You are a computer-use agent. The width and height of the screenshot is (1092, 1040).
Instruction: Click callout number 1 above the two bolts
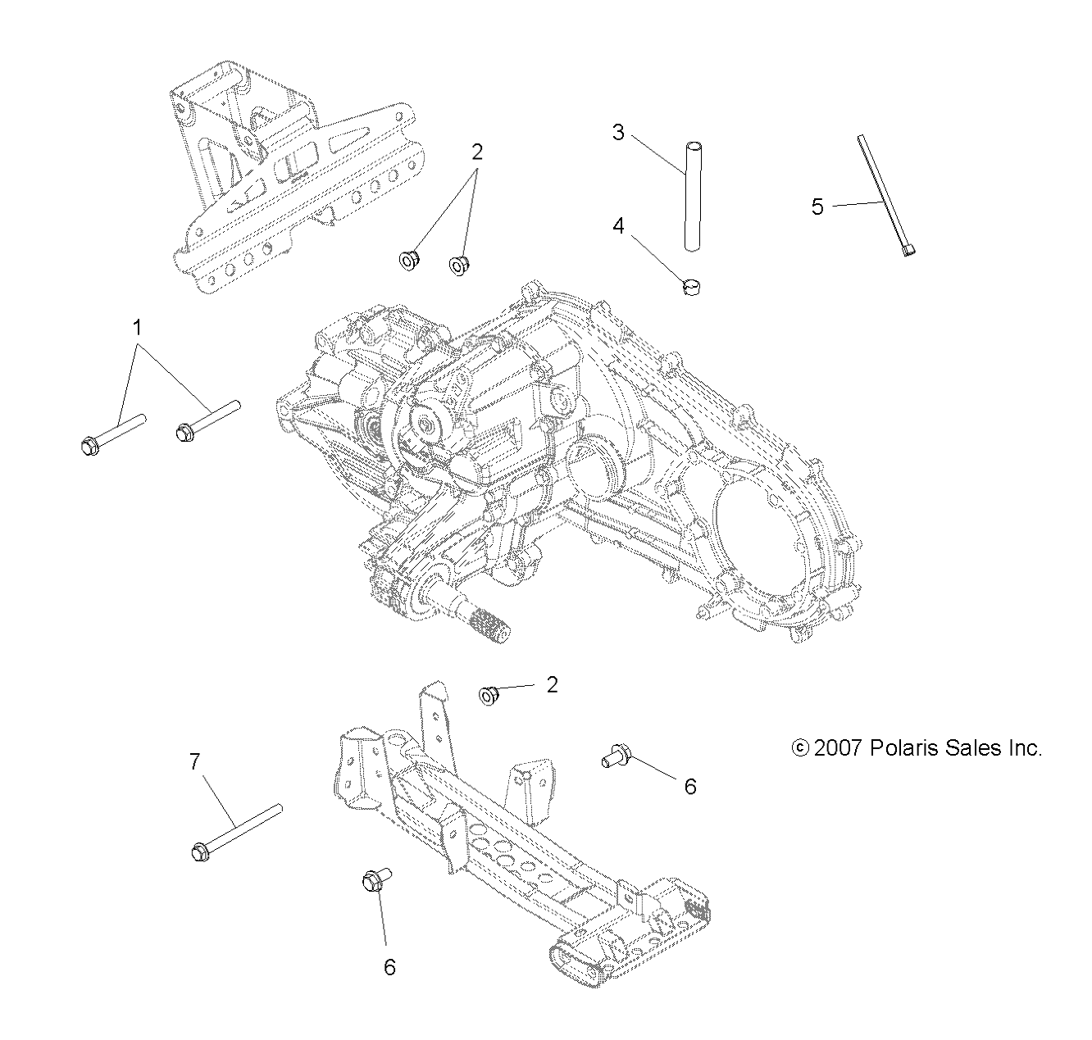coord(138,328)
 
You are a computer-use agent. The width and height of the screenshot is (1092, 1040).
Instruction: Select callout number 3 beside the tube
coord(618,132)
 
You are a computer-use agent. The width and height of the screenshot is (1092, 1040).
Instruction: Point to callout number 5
coord(817,207)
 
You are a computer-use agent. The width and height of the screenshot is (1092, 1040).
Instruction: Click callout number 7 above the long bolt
coord(194,761)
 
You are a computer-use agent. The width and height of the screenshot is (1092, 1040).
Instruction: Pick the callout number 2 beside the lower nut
coord(553,684)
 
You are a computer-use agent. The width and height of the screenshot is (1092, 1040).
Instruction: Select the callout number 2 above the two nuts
coord(476,152)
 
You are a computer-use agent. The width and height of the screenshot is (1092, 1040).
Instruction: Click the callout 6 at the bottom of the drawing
coord(389,967)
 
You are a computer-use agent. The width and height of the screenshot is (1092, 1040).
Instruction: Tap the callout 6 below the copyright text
coord(690,786)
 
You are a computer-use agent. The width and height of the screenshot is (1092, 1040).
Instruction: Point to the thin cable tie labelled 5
coord(885,197)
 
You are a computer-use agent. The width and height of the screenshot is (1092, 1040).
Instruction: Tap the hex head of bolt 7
coord(199,852)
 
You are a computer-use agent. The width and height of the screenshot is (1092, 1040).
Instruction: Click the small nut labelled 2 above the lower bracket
coord(489,697)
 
